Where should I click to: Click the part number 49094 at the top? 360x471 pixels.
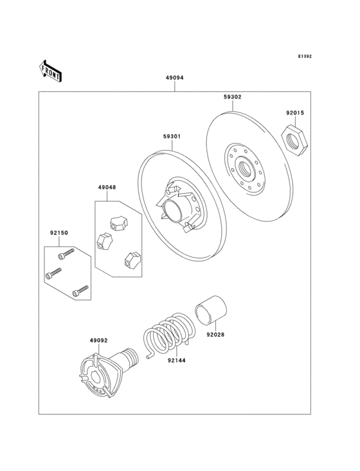click(x=174, y=78)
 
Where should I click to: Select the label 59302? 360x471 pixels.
click(x=233, y=97)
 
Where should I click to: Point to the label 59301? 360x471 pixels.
click(x=172, y=136)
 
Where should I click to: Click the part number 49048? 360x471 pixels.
click(x=107, y=187)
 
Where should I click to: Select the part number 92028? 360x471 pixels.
click(x=215, y=334)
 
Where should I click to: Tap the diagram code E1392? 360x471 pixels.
click(x=304, y=57)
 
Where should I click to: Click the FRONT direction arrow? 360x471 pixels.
click(x=51, y=70)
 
